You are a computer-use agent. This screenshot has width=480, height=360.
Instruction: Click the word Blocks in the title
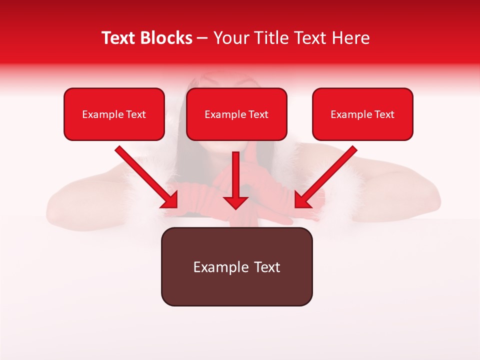coord(166,38)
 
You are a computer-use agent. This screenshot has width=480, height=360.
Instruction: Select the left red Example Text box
coord(114,114)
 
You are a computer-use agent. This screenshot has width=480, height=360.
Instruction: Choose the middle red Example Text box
coord(236,114)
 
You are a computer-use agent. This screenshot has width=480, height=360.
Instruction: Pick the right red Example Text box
coord(362,114)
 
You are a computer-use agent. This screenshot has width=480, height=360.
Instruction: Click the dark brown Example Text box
coord(236,267)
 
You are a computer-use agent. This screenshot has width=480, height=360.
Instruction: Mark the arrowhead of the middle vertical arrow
coord(235,201)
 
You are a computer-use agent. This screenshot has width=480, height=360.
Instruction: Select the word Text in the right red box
coord(384,114)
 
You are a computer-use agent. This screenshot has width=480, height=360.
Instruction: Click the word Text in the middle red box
coord(258,114)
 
